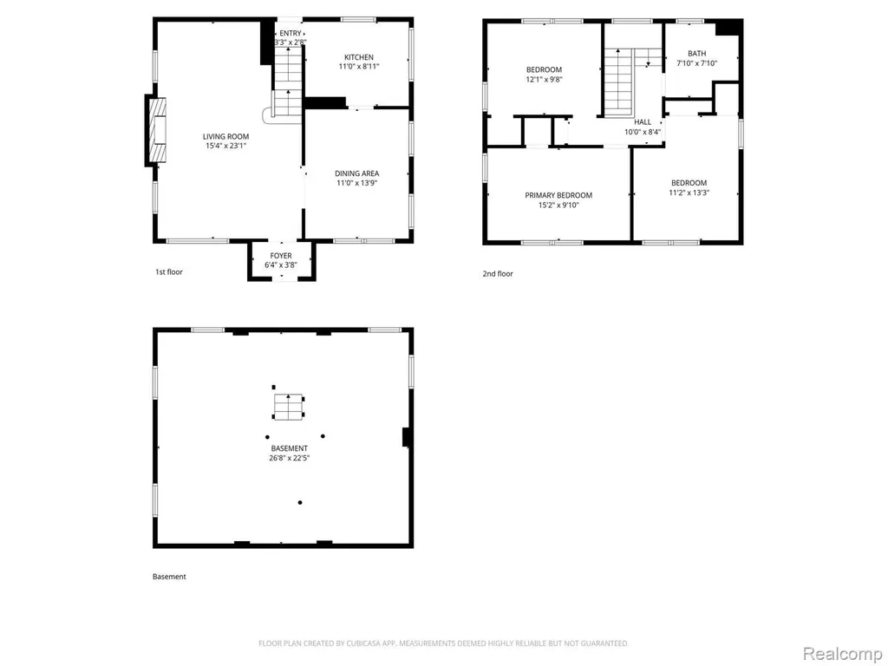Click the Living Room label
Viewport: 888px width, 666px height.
click(x=226, y=136)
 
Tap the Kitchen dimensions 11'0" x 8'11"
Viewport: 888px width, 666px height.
click(x=359, y=66)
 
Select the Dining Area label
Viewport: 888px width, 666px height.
click(x=356, y=173)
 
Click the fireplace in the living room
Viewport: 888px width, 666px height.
click(x=156, y=131)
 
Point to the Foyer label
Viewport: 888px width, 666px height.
click(x=281, y=256)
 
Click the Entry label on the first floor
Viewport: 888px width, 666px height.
click(x=291, y=34)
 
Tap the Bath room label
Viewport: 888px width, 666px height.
click(x=697, y=54)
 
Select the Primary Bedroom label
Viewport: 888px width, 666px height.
click(x=558, y=195)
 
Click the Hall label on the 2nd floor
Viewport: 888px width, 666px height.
click(x=643, y=122)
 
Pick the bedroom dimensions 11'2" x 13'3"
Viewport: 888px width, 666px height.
click(x=689, y=193)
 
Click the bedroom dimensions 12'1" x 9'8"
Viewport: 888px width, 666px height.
click(x=545, y=80)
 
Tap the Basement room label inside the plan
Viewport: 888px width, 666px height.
click(x=290, y=448)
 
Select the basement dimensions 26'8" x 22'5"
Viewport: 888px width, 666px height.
click(x=290, y=458)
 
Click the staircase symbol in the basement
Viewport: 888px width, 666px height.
click(x=288, y=408)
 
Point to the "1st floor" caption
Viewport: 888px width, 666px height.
click(x=169, y=271)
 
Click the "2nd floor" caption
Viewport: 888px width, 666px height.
click(x=498, y=273)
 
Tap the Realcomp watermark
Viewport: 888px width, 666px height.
click(x=842, y=654)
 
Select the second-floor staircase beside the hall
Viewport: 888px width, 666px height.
click(x=618, y=82)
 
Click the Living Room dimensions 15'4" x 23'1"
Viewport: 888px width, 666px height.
click(x=226, y=146)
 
